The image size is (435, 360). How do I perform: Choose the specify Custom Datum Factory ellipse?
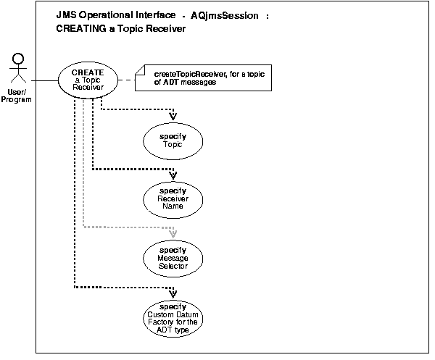[173, 318]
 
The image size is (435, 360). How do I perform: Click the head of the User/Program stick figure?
[20, 58]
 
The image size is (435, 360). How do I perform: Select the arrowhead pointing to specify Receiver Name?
[173, 174]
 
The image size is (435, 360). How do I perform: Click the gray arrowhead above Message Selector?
[173, 233]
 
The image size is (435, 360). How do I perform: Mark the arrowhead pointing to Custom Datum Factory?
[173, 293]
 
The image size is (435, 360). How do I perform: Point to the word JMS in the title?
[66, 15]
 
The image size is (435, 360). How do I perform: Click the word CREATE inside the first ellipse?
[88, 72]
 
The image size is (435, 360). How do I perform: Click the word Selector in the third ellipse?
[173, 266]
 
